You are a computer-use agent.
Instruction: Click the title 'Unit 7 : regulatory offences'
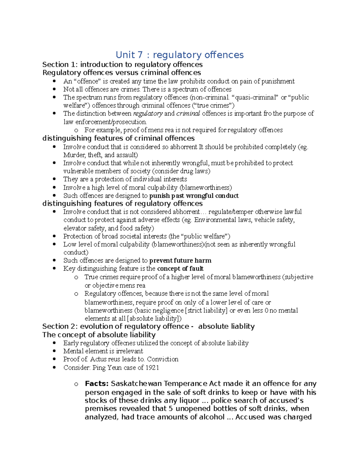coord(180,55)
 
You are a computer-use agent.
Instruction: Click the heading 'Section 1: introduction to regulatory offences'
coord(122,65)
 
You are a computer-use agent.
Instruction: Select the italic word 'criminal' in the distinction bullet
coord(188,113)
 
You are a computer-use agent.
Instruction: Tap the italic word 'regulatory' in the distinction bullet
coord(148,113)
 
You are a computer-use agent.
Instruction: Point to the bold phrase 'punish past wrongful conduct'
coord(194,196)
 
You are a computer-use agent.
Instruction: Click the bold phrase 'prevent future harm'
coord(180,260)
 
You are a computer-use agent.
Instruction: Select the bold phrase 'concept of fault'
coord(180,269)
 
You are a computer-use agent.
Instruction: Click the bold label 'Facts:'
coord(97,383)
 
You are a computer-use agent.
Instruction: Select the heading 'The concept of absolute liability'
coord(99,335)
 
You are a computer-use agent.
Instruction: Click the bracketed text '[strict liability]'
coord(207,310)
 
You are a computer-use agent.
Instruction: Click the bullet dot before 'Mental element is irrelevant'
coord(54,351)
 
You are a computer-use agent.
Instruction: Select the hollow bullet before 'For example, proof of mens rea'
coord(76,130)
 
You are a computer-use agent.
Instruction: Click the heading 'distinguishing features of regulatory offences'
coord(122,203)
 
